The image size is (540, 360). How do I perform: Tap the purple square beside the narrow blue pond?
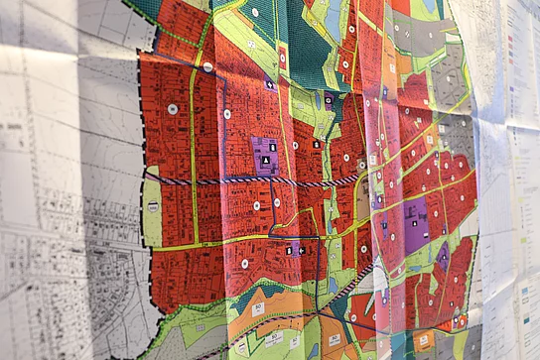coord(328,100)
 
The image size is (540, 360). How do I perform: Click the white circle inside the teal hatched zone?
coord(255,12)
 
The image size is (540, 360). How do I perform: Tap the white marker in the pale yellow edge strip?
coord(153,206)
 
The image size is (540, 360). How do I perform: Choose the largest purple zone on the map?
coord(416,225)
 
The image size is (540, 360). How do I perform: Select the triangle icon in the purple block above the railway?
coord(265,159)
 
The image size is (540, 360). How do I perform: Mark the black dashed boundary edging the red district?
coord(149,109)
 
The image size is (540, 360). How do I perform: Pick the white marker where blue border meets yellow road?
coord(226,114)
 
